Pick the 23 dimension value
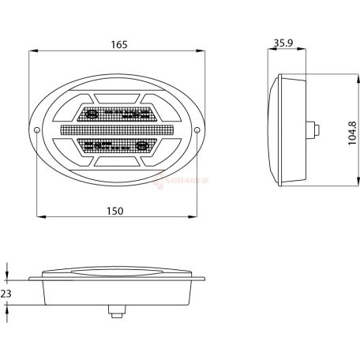[x=6, y=293]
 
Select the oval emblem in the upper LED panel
[x=92, y=114]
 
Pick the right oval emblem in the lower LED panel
[x=143, y=145]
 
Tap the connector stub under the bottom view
[x=117, y=313]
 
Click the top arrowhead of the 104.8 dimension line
[x=327, y=77]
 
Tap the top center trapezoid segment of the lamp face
[x=118, y=100]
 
